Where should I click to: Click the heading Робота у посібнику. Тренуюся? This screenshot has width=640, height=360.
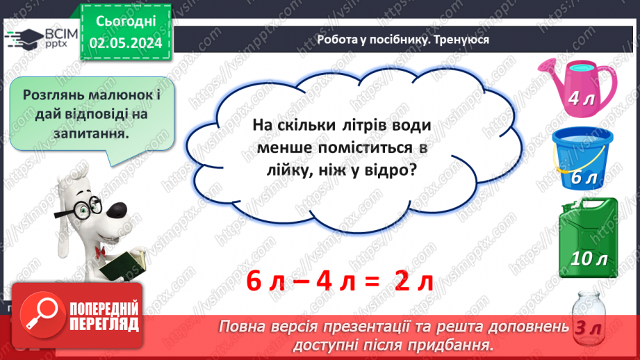pyautogui.click(x=403, y=40)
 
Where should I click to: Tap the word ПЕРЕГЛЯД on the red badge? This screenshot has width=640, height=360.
pyautogui.click(x=100, y=325)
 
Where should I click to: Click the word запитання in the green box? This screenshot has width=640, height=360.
pyautogui.click(x=90, y=132)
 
